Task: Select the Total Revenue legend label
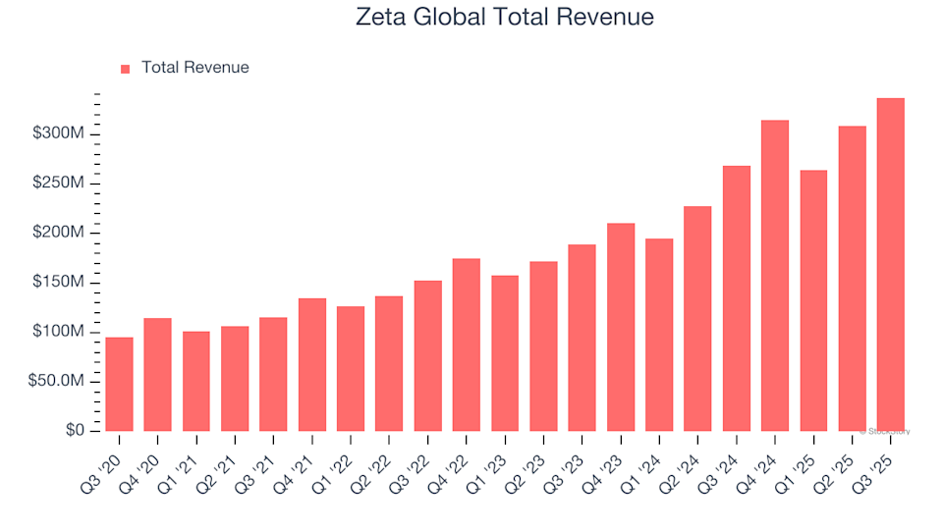coord(194,68)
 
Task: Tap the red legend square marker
coord(125,69)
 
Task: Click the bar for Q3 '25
coord(890,265)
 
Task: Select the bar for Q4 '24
coord(775,276)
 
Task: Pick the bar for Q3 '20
coord(119,384)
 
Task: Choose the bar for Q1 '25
coord(813,300)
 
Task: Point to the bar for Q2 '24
coord(697,318)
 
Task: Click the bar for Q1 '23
coord(505,353)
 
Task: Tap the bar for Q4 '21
coord(312,364)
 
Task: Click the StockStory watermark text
coord(886,431)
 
